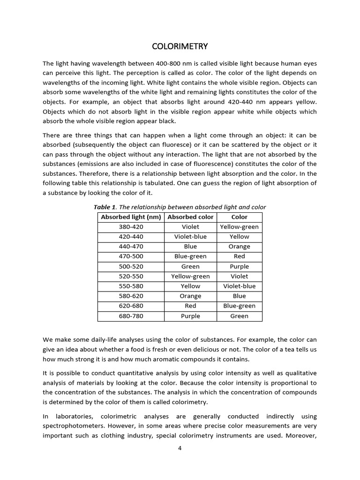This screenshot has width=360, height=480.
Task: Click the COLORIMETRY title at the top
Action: click(180, 46)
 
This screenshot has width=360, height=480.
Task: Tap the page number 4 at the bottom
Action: click(180, 448)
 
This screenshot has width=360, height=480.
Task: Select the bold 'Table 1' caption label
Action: click(104, 207)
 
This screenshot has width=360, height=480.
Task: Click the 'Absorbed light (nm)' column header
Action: click(131, 217)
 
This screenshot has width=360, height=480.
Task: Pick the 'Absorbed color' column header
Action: click(190, 217)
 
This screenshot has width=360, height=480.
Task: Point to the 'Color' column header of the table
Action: click(239, 217)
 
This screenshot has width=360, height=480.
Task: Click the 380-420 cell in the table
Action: click(131, 227)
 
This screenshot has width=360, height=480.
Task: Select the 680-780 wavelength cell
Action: click(131, 316)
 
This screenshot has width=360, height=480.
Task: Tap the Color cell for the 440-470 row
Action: click(239, 247)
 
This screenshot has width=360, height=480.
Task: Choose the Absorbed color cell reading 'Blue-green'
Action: click(190, 256)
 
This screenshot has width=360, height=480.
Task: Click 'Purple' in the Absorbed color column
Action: click(190, 316)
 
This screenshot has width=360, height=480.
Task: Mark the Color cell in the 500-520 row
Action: click(239, 266)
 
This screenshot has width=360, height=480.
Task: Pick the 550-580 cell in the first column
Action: click(131, 286)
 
